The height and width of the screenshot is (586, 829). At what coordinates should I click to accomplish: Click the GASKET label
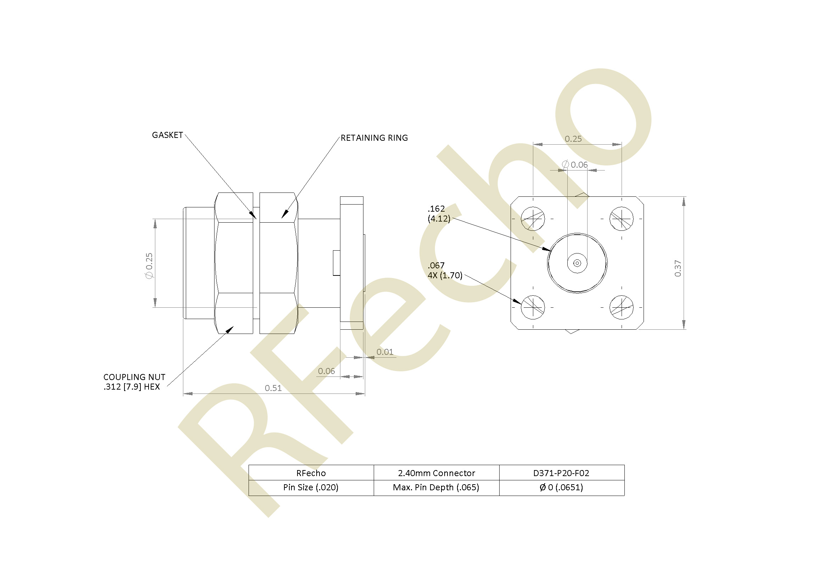pyautogui.click(x=167, y=135)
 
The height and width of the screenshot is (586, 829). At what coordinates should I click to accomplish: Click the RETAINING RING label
pyautogui.click(x=374, y=138)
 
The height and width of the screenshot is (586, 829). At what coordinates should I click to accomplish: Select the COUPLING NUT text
pyautogui.click(x=134, y=377)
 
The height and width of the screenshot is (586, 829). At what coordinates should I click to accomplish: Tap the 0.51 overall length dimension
pyautogui.click(x=273, y=388)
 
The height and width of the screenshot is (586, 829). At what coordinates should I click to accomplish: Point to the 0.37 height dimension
pyautogui.click(x=678, y=268)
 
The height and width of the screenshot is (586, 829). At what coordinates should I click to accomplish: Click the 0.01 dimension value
pyautogui.click(x=385, y=352)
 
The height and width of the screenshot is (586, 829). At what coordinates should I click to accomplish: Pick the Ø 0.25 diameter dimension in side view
pyautogui.click(x=149, y=266)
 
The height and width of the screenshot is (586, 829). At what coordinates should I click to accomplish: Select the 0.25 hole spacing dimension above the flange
pyautogui.click(x=573, y=139)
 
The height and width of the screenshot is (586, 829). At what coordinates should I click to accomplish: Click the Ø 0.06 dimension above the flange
pyautogui.click(x=575, y=164)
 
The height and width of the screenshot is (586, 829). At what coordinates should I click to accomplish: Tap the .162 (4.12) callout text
pyautogui.click(x=439, y=214)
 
